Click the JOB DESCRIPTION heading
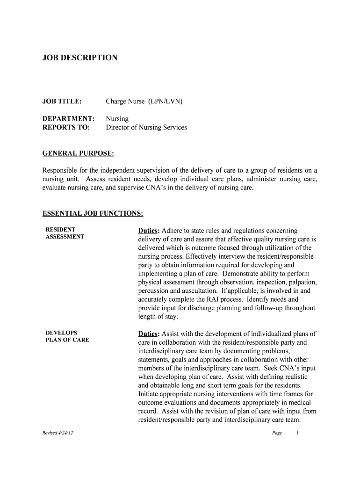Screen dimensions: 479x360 click(x=80, y=58)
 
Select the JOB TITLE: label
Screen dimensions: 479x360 click(x=62, y=101)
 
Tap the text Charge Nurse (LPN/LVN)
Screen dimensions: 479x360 click(x=144, y=101)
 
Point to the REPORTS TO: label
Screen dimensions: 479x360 click(x=66, y=127)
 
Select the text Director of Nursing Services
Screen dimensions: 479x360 click(x=146, y=127)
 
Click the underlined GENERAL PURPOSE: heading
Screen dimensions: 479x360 click(x=78, y=153)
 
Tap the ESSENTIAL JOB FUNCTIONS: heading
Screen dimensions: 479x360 click(x=93, y=214)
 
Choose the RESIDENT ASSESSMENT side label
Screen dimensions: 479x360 click(x=65, y=233)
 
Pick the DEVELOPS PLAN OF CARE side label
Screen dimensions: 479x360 click(x=67, y=336)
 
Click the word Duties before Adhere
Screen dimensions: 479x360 click(x=149, y=231)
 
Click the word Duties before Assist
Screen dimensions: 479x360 click(x=149, y=334)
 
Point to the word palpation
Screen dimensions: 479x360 click(x=301, y=282)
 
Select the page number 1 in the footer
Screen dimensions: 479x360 click(x=297, y=433)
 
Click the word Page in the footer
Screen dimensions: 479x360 click(x=277, y=433)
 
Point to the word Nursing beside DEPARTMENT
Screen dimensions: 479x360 click(x=117, y=119)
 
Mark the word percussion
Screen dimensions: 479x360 click(x=153, y=290)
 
